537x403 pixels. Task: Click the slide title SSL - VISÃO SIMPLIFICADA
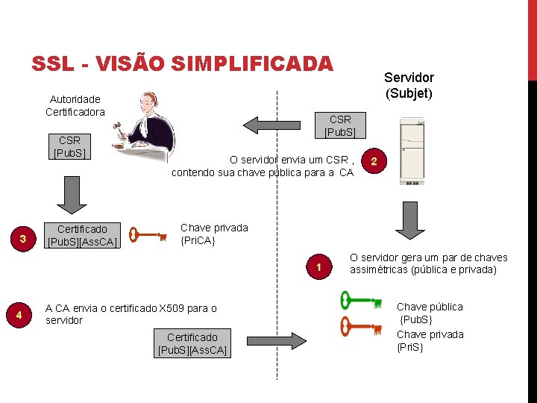click(182, 64)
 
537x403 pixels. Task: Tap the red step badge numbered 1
click(318, 267)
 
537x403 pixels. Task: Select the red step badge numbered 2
click(374, 162)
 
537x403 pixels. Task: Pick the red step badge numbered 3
click(23, 239)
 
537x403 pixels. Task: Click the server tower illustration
click(410, 150)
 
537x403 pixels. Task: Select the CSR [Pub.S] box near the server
click(340, 125)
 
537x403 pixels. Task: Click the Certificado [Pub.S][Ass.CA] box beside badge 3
click(82, 235)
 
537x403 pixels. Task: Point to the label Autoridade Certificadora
click(75, 105)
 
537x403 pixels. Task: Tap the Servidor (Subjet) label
click(409, 85)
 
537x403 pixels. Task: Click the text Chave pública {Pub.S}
click(429, 313)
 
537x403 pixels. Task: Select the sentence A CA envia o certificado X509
click(131, 313)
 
